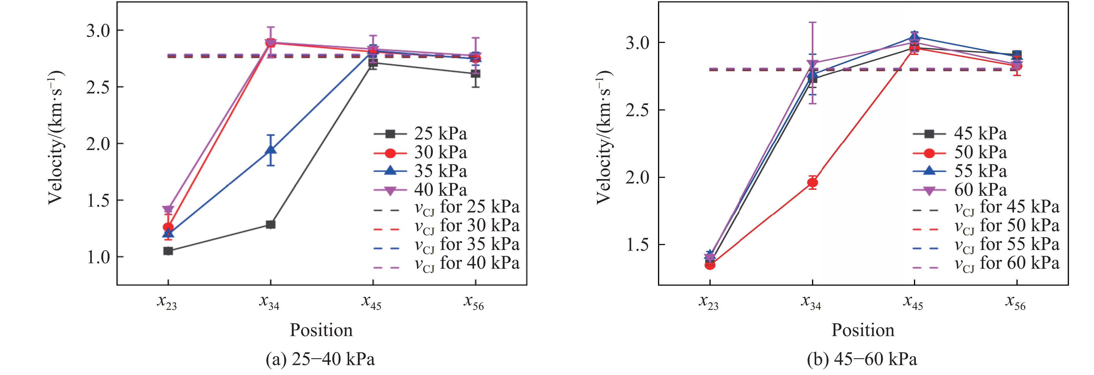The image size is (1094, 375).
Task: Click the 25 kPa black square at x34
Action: (270, 224)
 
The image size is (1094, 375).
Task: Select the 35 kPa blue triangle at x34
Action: (270, 150)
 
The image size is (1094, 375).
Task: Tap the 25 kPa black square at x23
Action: (168, 251)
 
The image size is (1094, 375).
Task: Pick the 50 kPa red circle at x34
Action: (812, 183)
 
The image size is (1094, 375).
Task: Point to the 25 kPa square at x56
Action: (475, 73)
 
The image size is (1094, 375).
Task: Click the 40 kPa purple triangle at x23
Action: (168, 209)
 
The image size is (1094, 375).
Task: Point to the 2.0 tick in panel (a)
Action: (98, 144)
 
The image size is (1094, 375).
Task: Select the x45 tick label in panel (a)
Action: (372, 302)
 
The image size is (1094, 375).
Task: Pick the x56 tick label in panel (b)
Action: (1016, 302)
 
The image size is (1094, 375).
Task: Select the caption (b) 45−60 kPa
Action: (862, 360)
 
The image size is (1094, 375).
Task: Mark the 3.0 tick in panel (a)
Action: (98, 31)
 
